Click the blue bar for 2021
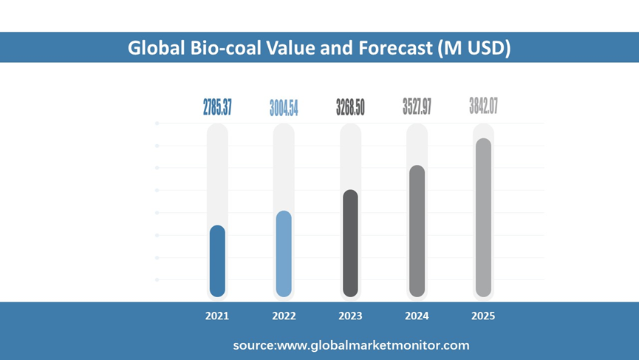coord(217,261)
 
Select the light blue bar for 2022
coord(284,254)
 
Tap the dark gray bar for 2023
coord(350,243)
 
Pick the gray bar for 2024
coord(417,231)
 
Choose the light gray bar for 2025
coord(483,217)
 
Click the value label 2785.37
coord(217,107)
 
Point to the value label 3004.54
coord(284,108)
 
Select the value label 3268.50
coord(350,107)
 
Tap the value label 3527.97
coord(417,106)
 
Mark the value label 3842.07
coord(483,106)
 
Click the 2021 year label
coord(217,316)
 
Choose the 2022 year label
coord(284,316)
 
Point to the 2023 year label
coord(350,316)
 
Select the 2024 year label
coord(417,316)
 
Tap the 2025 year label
coord(483,316)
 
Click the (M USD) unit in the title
coord(473,48)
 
